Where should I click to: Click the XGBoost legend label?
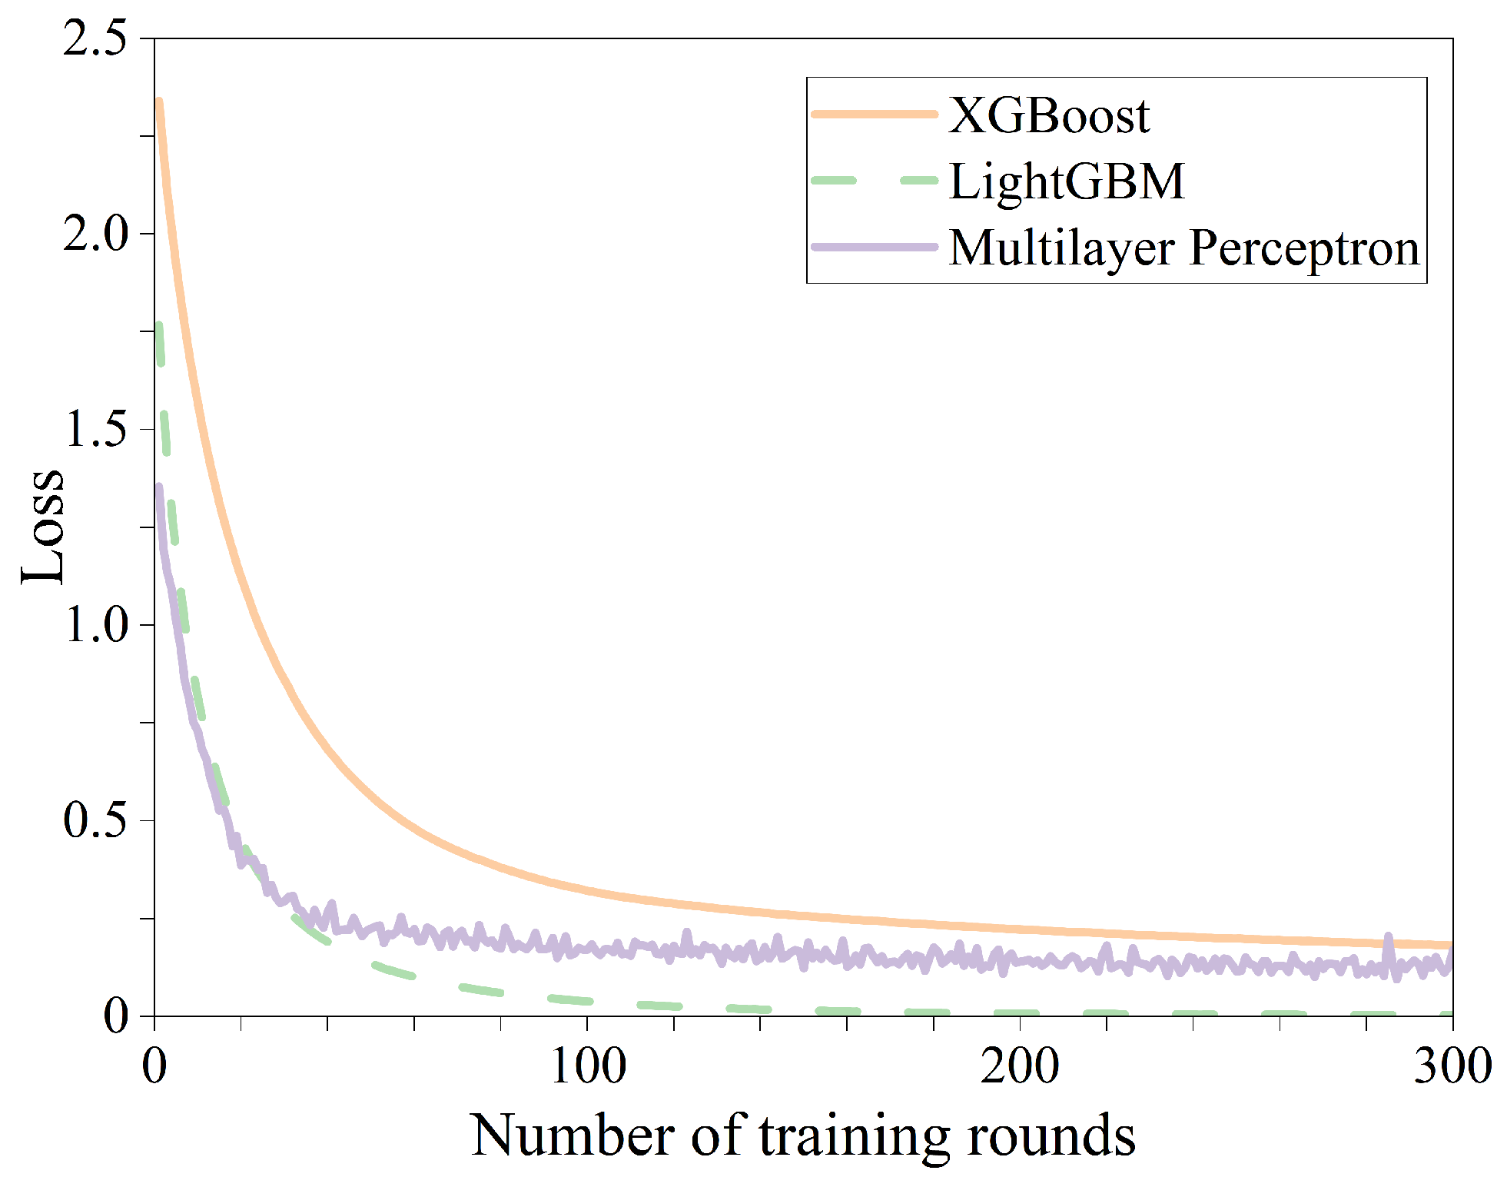click(1048, 115)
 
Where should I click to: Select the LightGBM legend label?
click(1067, 181)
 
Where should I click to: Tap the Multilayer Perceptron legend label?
click(1183, 248)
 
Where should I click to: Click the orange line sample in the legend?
click(875, 114)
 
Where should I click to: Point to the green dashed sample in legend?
click(875, 181)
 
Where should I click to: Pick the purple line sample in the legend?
click(875, 247)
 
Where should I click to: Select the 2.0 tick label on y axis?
click(95, 233)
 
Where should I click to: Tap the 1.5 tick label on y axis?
click(95, 428)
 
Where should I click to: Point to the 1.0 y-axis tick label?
click(95, 623)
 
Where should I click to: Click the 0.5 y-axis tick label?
click(95, 820)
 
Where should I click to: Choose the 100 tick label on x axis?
click(588, 1067)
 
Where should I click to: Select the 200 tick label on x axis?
click(1020, 1067)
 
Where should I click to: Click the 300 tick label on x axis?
click(1452, 1067)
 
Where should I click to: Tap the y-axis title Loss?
click(42, 527)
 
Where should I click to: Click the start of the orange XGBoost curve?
click(158, 102)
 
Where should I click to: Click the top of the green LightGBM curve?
click(159, 326)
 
